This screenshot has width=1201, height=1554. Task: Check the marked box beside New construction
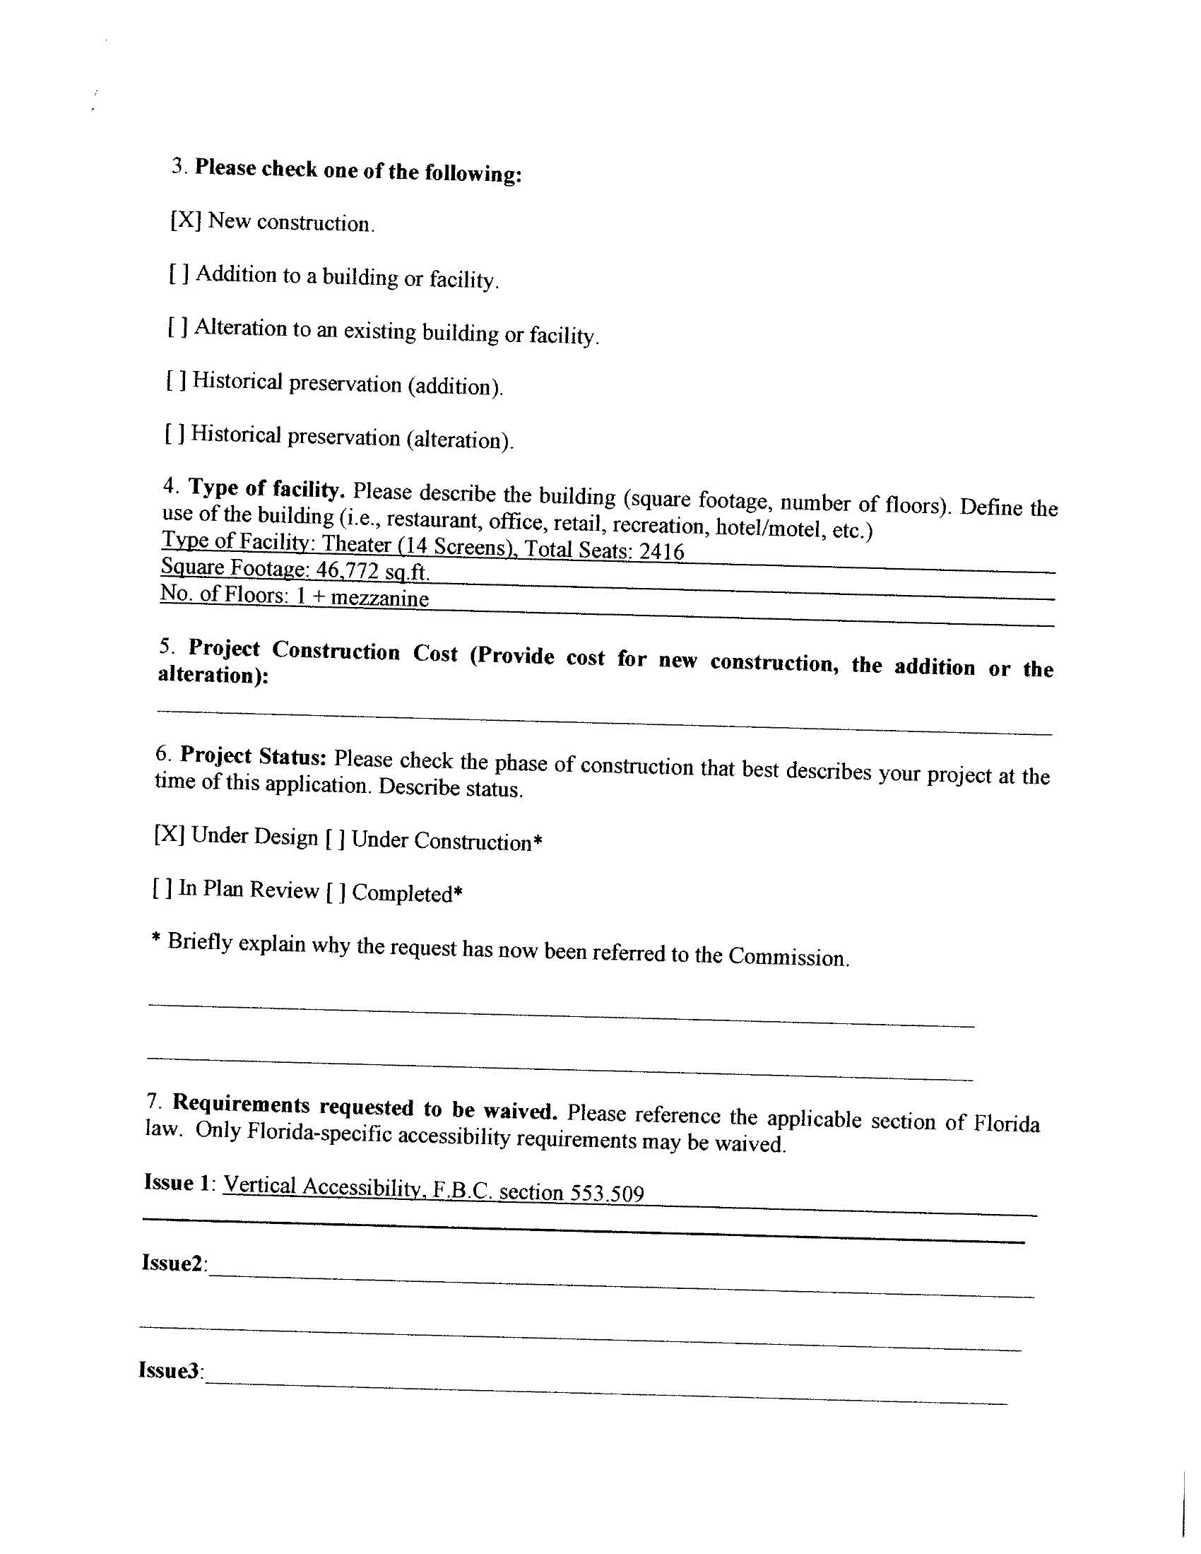pyautogui.click(x=186, y=220)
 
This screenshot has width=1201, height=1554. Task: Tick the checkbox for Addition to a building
pyautogui.click(x=179, y=273)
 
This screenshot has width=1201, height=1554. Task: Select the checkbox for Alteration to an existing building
pyautogui.click(x=178, y=326)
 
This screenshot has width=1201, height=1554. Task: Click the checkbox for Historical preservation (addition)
pyautogui.click(x=177, y=380)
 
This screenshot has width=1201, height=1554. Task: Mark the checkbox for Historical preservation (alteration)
pyautogui.click(x=175, y=433)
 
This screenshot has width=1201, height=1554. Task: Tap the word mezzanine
pyautogui.click(x=380, y=598)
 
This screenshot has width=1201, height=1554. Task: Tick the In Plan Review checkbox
pyautogui.click(x=162, y=888)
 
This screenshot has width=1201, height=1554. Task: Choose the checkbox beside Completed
pyautogui.click(x=336, y=892)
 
